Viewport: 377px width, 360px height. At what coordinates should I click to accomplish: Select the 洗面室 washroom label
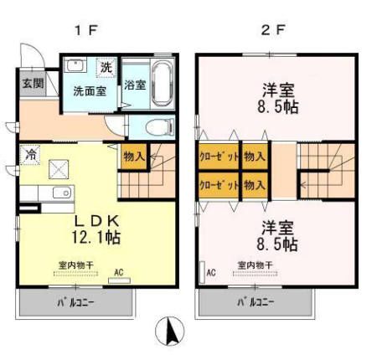(x=88, y=91)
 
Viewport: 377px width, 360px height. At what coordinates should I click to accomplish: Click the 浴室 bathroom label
(x=135, y=85)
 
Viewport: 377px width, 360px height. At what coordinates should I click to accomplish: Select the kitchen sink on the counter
(x=60, y=194)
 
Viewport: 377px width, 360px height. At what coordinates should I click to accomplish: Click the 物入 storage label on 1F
(x=134, y=156)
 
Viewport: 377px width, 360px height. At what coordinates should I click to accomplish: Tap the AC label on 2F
(x=211, y=271)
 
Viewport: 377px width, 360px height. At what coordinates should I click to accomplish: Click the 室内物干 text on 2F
(x=254, y=266)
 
